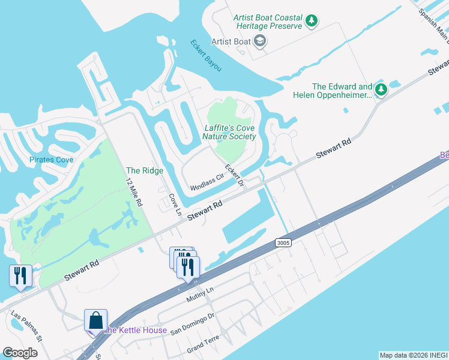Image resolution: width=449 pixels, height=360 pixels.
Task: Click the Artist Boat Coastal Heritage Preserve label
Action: tap(268, 22)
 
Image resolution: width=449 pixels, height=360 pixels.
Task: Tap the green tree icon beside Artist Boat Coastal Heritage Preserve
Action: tap(312, 22)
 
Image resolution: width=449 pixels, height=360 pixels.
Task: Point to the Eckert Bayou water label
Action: tap(206, 56)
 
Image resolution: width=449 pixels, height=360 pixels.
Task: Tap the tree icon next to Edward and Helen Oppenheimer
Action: tap(381, 90)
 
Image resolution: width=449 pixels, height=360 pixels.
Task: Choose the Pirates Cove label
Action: tap(52, 160)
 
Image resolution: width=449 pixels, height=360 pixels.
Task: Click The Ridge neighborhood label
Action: tap(145, 171)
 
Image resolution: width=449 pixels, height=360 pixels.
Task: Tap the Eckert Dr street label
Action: tap(234, 174)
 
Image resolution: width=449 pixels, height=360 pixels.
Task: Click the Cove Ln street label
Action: tap(174, 204)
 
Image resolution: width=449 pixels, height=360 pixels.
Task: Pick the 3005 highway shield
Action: tap(284, 242)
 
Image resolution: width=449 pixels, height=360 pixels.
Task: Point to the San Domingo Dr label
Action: tap(192, 325)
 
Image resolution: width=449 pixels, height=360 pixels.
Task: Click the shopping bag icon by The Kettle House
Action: tap(96, 321)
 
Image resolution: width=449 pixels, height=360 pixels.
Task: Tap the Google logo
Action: tap(20, 352)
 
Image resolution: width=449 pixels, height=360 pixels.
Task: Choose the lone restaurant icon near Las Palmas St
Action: tap(21, 276)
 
